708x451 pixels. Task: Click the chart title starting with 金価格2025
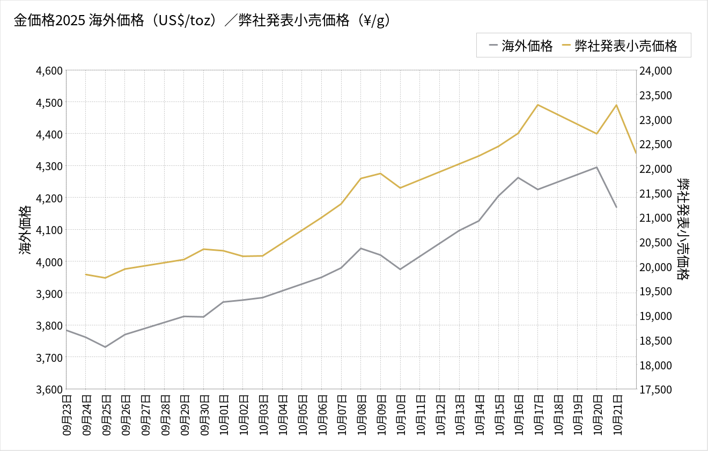(x=202, y=20)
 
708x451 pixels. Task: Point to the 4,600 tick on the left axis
(x=49, y=70)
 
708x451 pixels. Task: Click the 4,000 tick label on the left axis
(x=49, y=262)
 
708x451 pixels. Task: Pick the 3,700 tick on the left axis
(x=49, y=358)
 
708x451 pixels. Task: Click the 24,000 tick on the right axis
(x=655, y=70)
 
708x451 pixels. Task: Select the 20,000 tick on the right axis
(x=655, y=267)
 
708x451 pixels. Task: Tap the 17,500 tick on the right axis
(x=655, y=389)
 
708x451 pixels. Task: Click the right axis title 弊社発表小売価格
(x=682, y=230)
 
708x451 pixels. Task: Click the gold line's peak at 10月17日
(x=537, y=105)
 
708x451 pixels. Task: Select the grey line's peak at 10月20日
(x=596, y=167)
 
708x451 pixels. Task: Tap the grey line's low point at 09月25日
(x=105, y=347)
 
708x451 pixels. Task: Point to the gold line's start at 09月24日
(x=86, y=274)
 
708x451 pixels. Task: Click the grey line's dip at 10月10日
(x=400, y=269)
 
